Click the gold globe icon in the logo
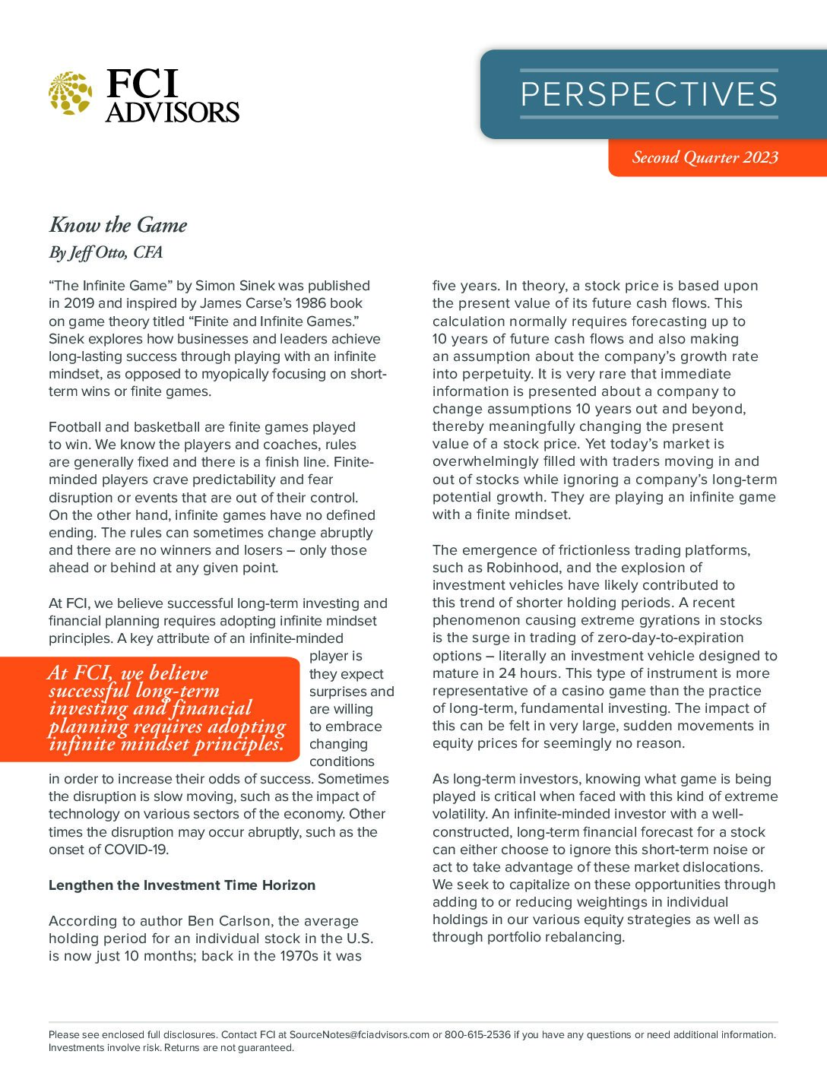coord(70,93)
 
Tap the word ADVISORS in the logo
coord(173,112)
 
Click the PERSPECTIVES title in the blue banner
coord(648,94)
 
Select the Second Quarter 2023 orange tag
coord(705,157)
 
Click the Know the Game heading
coord(118,225)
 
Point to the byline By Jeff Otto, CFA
coord(106,252)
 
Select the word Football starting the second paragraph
coord(74,427)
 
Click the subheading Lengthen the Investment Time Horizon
coord(182,885)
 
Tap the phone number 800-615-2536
coord(477,1034)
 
